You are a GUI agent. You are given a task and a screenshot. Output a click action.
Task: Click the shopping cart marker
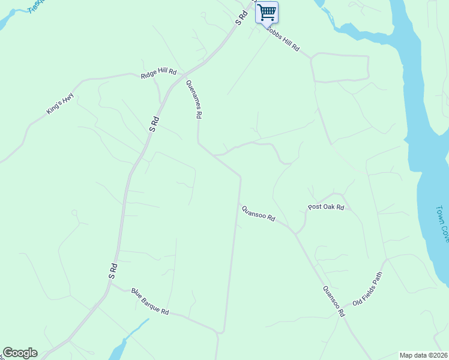coord(267,11)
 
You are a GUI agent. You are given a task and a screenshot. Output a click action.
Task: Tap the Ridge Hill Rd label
coord(158,73)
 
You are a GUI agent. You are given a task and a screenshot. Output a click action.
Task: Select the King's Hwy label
coord(60,103)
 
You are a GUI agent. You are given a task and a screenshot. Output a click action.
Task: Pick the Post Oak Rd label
coord(325,207)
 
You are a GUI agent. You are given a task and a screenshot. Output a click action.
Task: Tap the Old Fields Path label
coord(367,289)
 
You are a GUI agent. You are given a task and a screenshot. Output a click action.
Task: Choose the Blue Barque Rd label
coord(150,302)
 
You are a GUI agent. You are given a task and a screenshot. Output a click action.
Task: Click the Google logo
coord(20,353)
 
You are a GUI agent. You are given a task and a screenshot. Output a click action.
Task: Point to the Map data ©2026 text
coord(423,355)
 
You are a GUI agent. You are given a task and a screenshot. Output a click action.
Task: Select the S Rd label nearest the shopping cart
coord(241,17)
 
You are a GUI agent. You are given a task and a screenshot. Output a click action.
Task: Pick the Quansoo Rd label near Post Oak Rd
coord(258,213)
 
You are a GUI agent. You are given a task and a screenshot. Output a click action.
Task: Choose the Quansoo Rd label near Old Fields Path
coord(334,301)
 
